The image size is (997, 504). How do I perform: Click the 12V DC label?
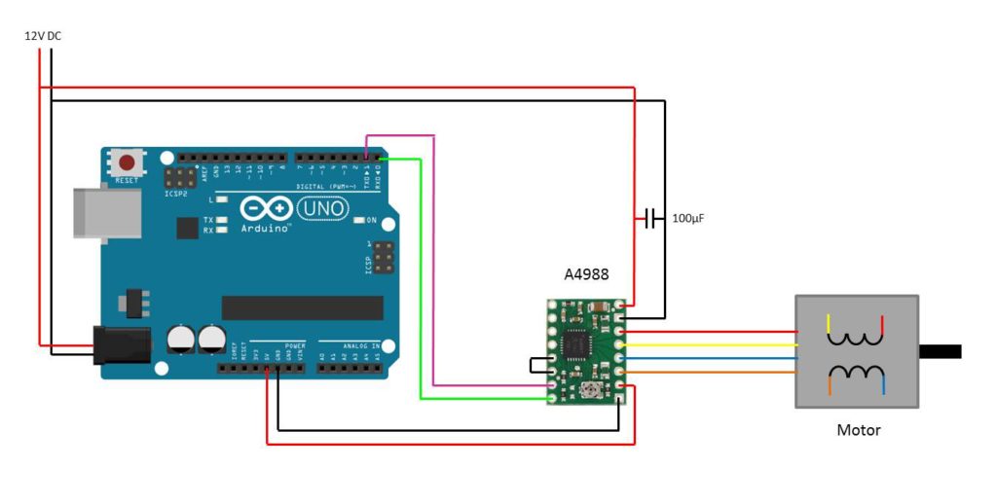(43, 36)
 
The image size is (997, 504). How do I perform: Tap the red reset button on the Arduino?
(126, 162)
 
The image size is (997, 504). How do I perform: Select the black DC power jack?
(122, 345)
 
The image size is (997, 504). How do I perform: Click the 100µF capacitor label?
(687, 219)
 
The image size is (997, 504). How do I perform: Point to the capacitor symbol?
(650, 219)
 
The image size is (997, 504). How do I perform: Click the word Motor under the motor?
(858, 429)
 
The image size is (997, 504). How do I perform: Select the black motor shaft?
(940, 351)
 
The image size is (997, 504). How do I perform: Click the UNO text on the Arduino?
(321, 207)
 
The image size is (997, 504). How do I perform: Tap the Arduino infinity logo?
(266, 208)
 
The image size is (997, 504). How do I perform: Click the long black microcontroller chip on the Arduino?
(302, 307)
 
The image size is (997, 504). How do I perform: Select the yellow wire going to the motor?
(711, 344)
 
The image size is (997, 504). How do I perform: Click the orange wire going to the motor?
(711, 373)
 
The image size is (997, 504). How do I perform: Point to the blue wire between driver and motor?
(711, 358)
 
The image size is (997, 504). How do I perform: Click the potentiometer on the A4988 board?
(590, 391)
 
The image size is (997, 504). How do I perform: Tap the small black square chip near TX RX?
(187, 228)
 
